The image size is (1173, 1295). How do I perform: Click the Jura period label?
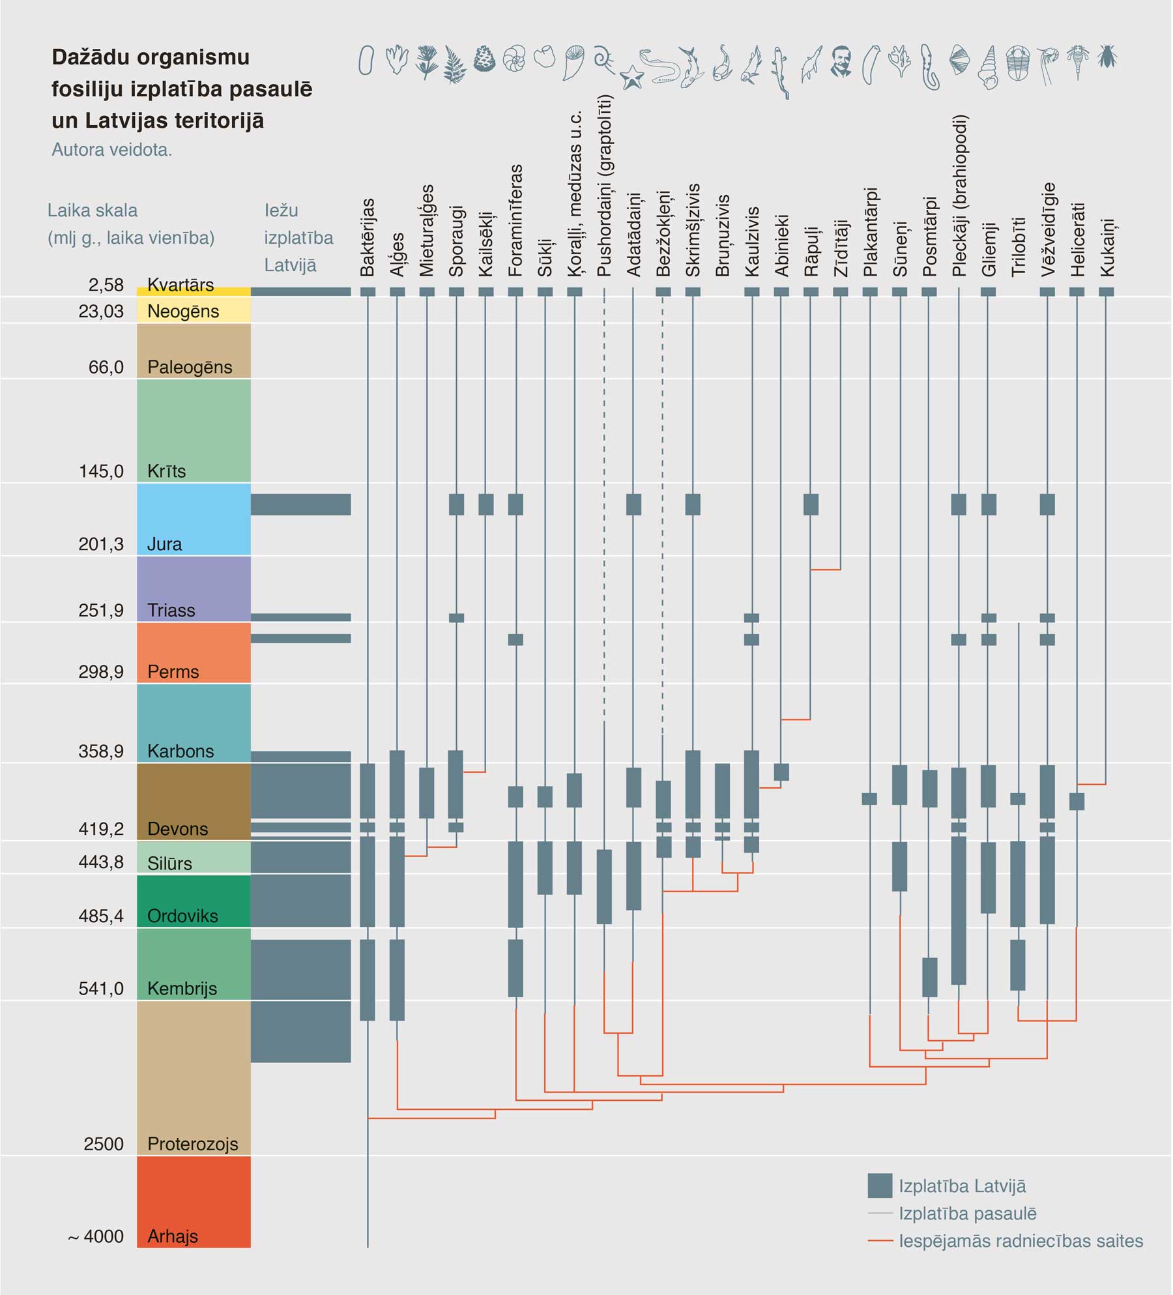pyautogui.click(x=164, y=544)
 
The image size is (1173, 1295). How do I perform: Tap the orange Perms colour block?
pyautogui.click(x=194, y=652)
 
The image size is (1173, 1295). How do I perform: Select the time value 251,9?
pyautogui.click(x=101, y=611)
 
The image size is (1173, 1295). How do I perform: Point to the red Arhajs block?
pyautogui.click(x=194, y=1201)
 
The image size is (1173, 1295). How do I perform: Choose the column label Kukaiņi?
pyautogui.click(x=1107, y=247)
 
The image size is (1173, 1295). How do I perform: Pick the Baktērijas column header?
pyautogui.click(x=368, y=237)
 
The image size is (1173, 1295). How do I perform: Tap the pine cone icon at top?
pyautogui.click(x=484, y=59)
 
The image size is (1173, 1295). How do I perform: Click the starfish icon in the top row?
pyautogui.click(x=631, y=78)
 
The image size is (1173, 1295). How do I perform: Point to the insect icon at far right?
pyautogui.click(x=1107, y=57)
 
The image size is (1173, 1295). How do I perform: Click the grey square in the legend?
pyautogui.click(x=880, y=1186)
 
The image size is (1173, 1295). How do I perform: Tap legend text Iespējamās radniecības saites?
pyautogui.click(x=1021, y=1241)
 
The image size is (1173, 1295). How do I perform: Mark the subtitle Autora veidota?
pyautogui.click(x=111, y=150)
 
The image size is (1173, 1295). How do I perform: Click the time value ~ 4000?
pyautogui.click(x=96, y=1236)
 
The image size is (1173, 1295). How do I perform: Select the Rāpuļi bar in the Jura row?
pyautogui.click(x=811, y=504)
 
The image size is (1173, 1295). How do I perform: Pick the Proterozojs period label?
pyautogui.click(x=192, y=1144)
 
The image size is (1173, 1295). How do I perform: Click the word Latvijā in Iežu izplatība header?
pyautogui.click(x=290, y=265)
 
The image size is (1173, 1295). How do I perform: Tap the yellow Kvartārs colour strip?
pyautogui.click(x=194, y=291)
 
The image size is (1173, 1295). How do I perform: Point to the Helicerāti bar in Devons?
pyautogui.click(x=1077, y=801)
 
